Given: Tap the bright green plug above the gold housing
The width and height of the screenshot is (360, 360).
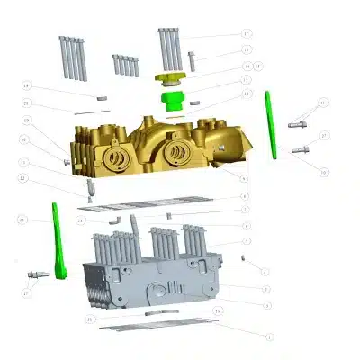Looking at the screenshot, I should tap(170, 96).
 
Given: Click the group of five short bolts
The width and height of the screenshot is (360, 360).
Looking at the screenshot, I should tap(125, 66).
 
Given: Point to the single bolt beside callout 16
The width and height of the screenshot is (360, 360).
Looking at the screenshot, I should tap(192, 59).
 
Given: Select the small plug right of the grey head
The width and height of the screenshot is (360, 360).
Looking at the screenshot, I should tap(245, 257).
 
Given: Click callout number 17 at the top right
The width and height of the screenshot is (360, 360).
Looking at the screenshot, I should tap(247, 34).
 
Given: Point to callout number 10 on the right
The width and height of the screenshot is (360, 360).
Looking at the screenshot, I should tap(323, 171).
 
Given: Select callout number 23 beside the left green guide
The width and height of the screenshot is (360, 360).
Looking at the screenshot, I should tap(22, 220).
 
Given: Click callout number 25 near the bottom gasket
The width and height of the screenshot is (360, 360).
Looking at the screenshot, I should tap(90, 319).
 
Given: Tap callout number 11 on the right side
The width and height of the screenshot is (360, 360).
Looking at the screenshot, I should tap(323, 103).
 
